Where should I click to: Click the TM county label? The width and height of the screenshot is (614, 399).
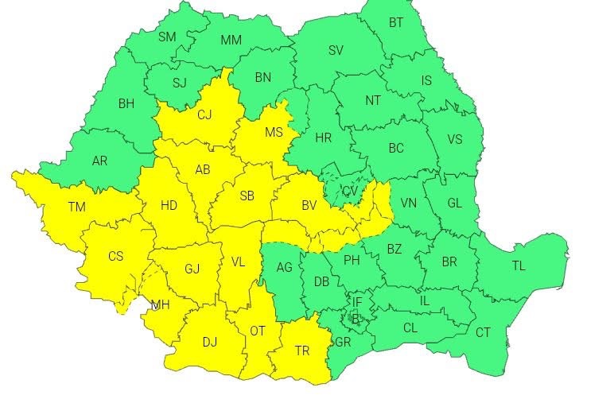[x=76, y=207]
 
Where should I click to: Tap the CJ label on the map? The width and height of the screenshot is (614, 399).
[x=204, y=115]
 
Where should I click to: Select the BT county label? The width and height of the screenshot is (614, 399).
[x=396, y=22]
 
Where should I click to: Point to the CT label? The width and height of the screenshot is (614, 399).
[x=483, y=333]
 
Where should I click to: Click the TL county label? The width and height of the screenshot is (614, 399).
[x=519, y=266]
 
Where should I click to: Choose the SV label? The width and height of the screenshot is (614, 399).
[x=336, y=51]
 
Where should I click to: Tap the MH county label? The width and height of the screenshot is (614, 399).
[x=161, y=304]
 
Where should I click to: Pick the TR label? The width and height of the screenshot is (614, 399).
[x=302, y=351]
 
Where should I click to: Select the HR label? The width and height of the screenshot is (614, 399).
[x=323, y=138]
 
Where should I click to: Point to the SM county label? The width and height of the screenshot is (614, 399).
[x=167, y=37]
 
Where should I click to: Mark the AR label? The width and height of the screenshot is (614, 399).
[x=99, y=161]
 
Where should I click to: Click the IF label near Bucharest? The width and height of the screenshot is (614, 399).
[x=357, y=302]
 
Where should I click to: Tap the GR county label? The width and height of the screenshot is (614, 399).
[x=344, y=342]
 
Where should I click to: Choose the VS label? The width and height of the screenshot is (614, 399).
[x=454, y=139]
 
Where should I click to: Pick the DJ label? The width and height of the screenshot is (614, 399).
[x=209, y=343]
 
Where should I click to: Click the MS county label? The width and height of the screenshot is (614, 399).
[x=274, y=132]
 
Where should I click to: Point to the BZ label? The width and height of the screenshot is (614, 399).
[x=394, y=250]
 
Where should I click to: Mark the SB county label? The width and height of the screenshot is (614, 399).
[x=247, y=196]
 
